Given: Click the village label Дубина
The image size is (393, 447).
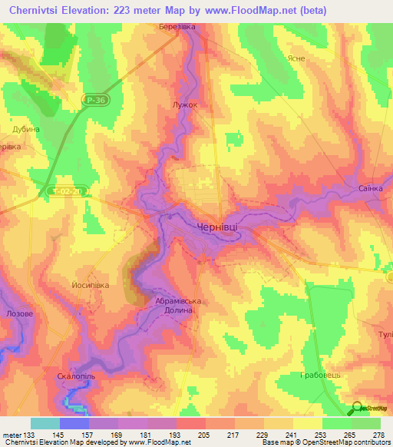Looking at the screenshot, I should click(x=26, y=129).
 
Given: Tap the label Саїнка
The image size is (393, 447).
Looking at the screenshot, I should click(x=368, y=188).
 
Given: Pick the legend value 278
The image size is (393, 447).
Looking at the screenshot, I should click(x=378, y=435).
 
